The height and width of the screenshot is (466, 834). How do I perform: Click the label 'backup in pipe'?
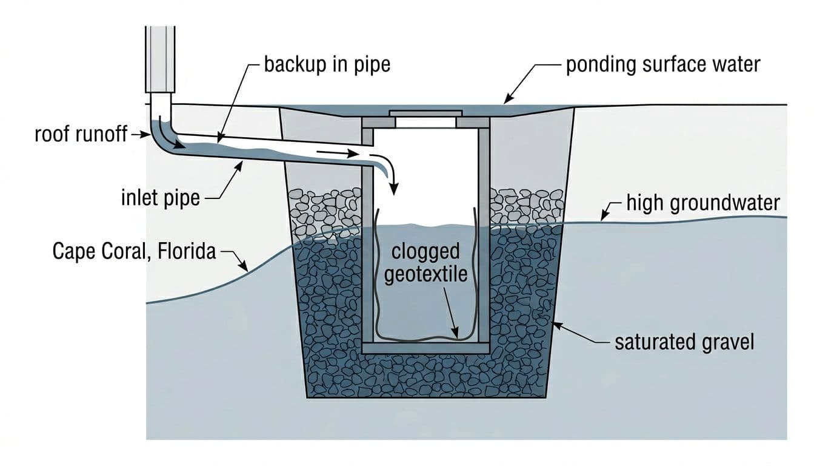(x=327, y=64)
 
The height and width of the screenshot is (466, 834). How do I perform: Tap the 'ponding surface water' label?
(x=662, y=64)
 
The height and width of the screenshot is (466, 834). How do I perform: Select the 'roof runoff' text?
(x=81, y=135)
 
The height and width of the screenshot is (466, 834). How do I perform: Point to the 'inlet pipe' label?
(x=161, y=197)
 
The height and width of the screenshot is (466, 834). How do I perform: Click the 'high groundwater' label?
(x=703, y=203)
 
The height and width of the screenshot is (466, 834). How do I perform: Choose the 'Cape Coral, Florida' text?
(x=134, y=251)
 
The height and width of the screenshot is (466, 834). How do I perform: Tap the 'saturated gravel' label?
(x=684, y=342)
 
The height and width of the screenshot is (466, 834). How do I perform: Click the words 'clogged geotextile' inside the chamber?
(x=425, y=262)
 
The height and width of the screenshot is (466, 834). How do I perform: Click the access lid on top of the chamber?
(x=425, y=113)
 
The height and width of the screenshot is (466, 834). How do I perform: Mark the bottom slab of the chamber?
(x=425, y=348)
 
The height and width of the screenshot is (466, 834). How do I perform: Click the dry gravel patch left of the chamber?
(x=324, y=209)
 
